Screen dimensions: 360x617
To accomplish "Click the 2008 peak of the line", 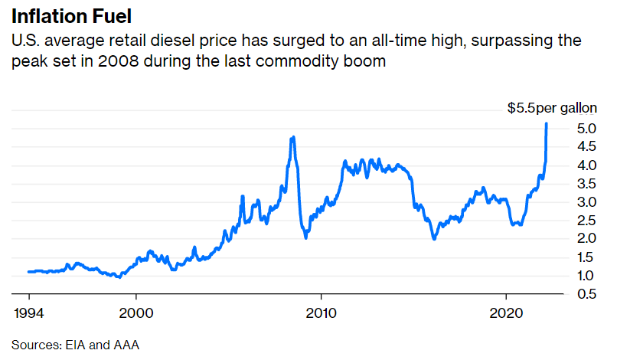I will (x=293, y=137).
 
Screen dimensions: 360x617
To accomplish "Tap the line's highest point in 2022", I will (x=546, y=123).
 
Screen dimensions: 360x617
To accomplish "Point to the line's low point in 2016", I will (x=434, y=239).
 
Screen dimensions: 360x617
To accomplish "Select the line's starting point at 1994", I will (x=28, y=271).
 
